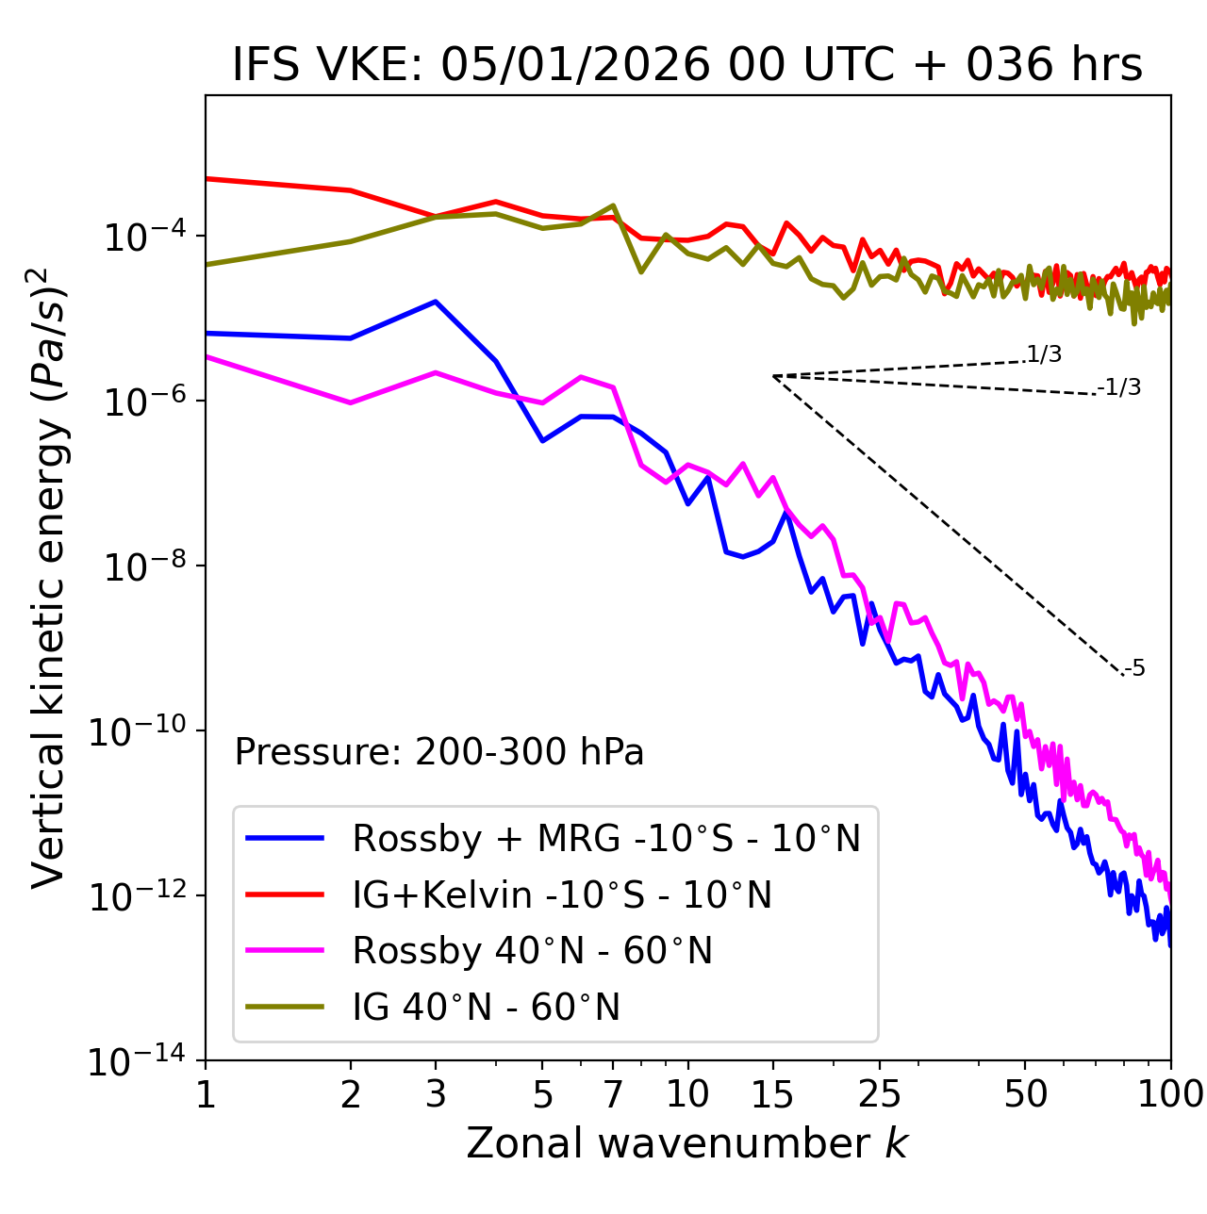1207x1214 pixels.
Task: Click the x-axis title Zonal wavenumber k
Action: click(686, 1142)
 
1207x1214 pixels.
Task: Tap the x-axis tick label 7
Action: click(613, 1094)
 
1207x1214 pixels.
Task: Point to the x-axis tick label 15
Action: click(772, 1094)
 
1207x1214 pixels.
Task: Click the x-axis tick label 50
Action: click(1025, 1094)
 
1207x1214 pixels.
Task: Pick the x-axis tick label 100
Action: click(1170, 1094)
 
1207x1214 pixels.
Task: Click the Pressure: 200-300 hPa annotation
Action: click(439, 752)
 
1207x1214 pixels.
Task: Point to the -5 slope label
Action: click(1134, 669)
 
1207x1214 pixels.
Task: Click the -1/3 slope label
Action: click(1120, 387)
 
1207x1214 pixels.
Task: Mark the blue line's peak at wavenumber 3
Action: click(435, 302)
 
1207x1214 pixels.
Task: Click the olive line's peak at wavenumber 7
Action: click(613, 205)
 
